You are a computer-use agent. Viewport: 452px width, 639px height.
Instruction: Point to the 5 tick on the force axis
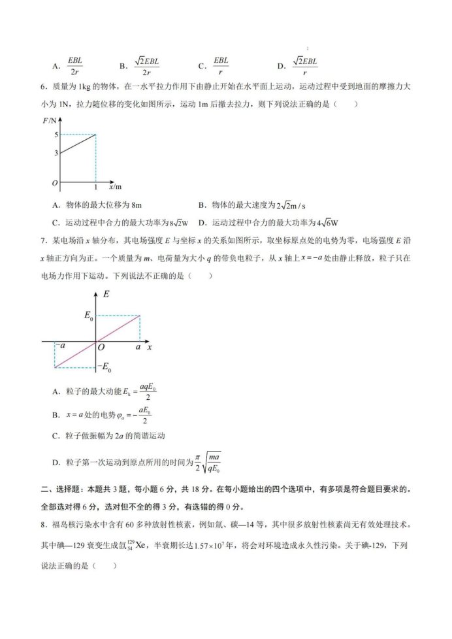(57, 135)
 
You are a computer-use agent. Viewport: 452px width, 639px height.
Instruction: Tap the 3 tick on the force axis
(57, 153)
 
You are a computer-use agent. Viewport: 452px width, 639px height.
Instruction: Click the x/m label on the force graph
(115, 186)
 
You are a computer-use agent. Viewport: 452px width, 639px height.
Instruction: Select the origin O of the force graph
(56, 182)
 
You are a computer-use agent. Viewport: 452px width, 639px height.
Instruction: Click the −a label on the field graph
(60, 346)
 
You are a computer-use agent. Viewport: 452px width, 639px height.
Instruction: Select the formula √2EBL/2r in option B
(148, 65)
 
